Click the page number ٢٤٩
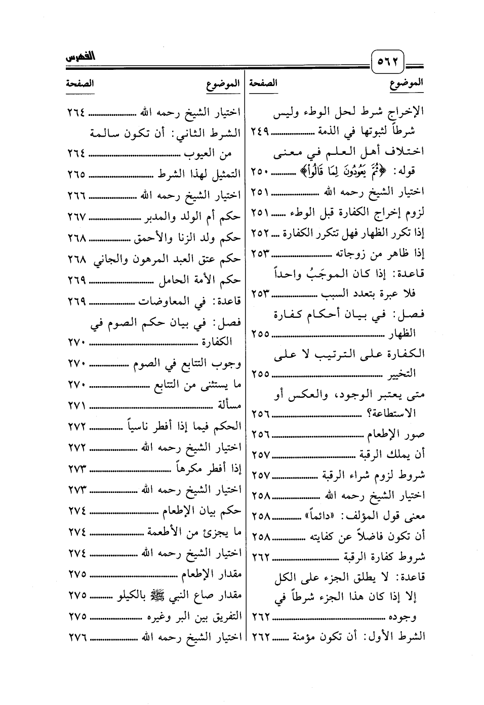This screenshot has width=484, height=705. tap(260, 133)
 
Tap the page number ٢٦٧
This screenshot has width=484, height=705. tap(77, 217)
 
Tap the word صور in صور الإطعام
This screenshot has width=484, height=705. tap(415, 434)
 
